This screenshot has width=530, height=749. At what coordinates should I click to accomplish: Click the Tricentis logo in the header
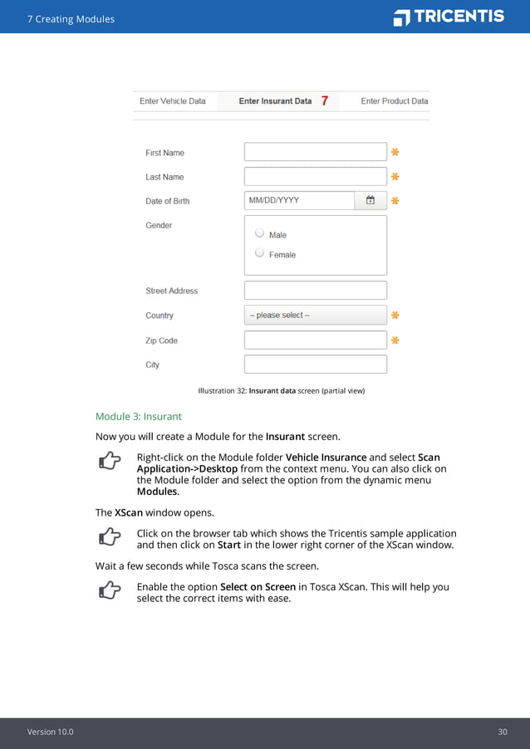449,17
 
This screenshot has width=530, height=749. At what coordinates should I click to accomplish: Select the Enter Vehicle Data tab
173,101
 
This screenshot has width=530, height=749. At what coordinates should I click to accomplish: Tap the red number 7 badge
324,101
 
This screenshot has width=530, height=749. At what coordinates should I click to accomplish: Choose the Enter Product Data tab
394,101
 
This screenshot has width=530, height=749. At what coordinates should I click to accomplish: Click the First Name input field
315,152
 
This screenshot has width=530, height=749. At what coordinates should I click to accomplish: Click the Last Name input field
315,176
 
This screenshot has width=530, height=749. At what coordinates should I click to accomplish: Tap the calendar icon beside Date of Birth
371,200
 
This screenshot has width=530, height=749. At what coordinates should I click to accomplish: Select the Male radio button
260,233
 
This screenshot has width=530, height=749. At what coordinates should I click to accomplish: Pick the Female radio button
260,252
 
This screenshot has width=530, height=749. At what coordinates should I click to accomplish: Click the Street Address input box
315,291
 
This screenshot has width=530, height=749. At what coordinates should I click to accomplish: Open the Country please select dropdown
315,316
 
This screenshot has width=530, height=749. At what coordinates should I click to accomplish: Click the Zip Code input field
315,340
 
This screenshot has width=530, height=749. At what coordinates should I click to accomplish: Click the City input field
315,365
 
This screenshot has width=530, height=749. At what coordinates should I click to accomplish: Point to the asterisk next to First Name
395,152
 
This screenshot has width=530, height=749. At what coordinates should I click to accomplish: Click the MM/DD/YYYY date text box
299,200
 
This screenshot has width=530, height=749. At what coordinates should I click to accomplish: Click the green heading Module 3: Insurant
138,416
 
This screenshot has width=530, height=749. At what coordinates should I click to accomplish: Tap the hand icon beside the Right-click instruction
108,462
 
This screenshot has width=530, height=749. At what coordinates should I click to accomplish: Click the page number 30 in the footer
503,732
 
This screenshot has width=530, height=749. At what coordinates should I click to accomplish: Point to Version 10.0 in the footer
50,732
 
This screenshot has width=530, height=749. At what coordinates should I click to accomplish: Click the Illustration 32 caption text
282,390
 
